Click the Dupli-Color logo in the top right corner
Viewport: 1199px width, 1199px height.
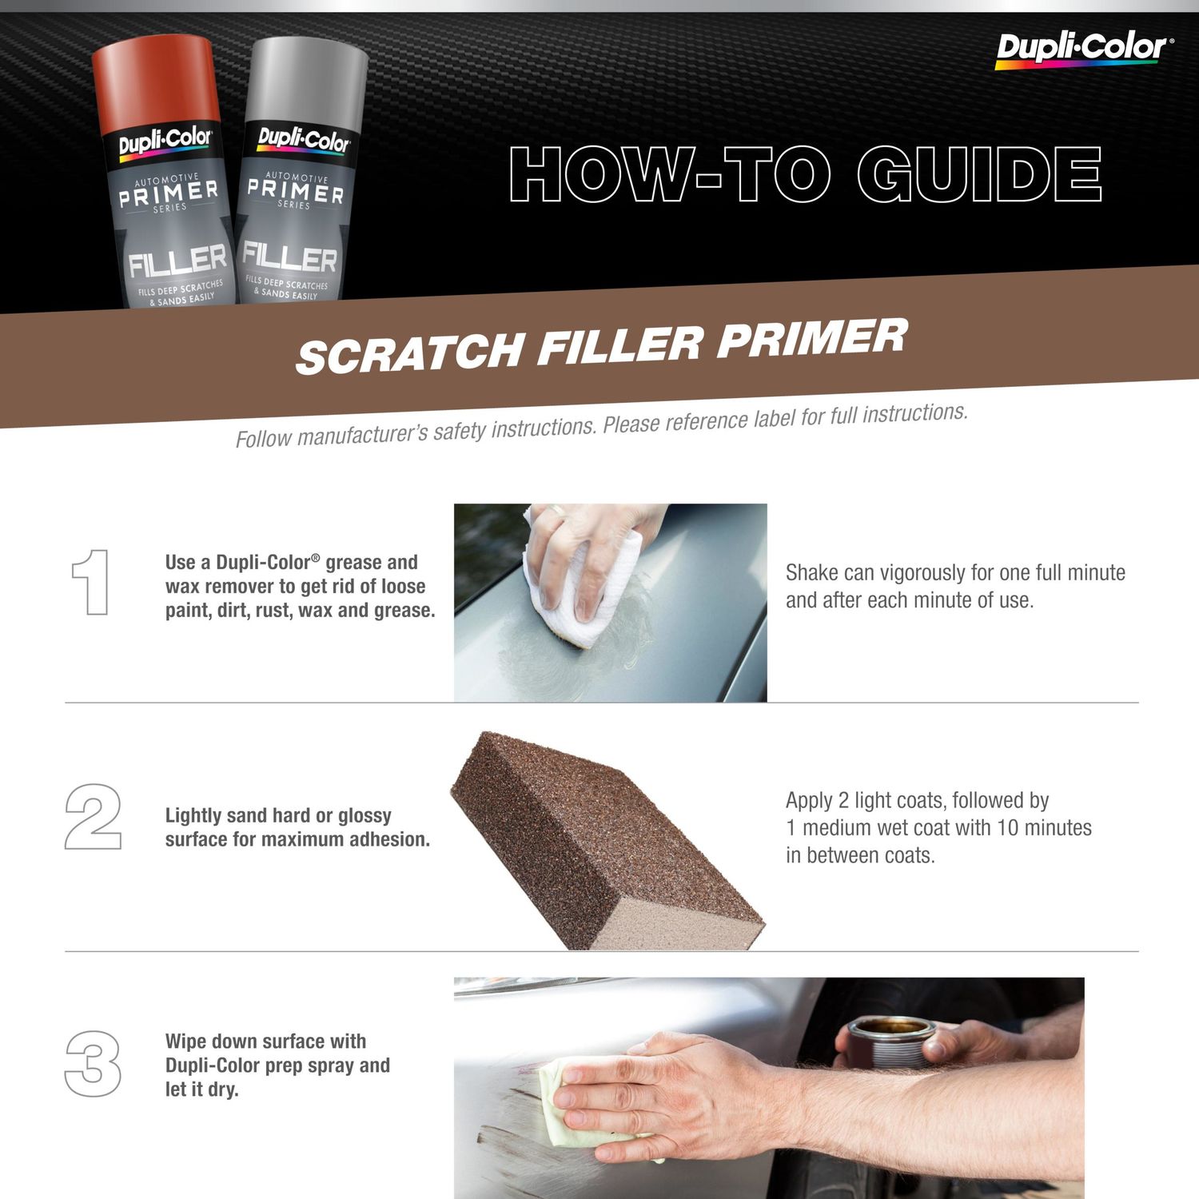[1084, 50]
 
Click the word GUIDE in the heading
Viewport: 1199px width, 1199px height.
[980, 174]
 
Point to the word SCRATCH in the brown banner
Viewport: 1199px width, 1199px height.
[409, 353]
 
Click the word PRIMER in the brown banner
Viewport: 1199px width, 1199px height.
[812, 337]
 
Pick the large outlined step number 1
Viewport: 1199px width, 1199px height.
[91, 582]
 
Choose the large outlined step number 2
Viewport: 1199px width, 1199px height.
[93, 816]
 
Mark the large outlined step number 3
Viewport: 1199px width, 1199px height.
[93, 1063]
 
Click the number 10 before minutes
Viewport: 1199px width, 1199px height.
[1008, 828]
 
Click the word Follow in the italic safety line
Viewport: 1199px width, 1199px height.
[263, 439]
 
